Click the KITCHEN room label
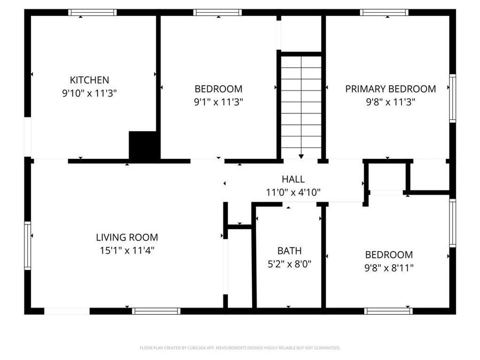click(90, 80)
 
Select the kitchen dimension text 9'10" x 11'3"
click(90, 93)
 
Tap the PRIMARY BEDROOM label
click(390, 89)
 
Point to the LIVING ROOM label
click(127, 237)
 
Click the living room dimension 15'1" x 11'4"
click(127, 250)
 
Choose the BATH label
click(289, 251)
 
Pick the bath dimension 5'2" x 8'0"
click(289, 263)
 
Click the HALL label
click(293, 180)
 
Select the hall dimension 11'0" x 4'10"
click(293, 192)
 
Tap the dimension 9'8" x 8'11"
click(388, 267)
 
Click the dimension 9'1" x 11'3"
click(218, 101)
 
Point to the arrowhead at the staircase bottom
click(301, 156)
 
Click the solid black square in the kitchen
click(144, 145)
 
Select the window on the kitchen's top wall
click(92, 12)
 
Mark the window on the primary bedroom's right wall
click(452, 98)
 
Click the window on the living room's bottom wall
click(156, 311)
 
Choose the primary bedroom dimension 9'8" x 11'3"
click(390, 101)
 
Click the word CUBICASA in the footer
click(193, 348)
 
